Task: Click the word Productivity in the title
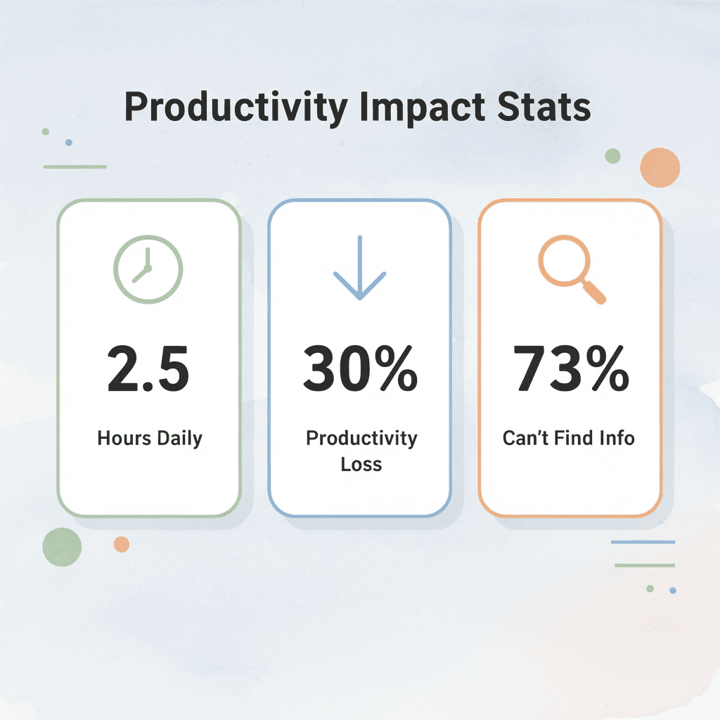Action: click(x=236, y=108)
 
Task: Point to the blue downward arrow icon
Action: click(x=359, y=268)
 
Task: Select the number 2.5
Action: click(x=148, y=370)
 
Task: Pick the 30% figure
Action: click(x=360, y=370)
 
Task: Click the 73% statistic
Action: click(x=570, y=370)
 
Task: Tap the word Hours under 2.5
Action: click(x=124, y=439)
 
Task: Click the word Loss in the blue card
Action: click(x=361, y=464)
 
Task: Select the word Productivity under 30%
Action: click(x=361, y=438)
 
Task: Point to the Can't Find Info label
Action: click(x=569, y=438)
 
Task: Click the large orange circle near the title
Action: click(x=660, y=167)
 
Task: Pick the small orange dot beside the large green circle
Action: click(x=122, y=544)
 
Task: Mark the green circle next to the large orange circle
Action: click(x=612, y=156)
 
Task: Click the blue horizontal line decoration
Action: click(x=643, y=542)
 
